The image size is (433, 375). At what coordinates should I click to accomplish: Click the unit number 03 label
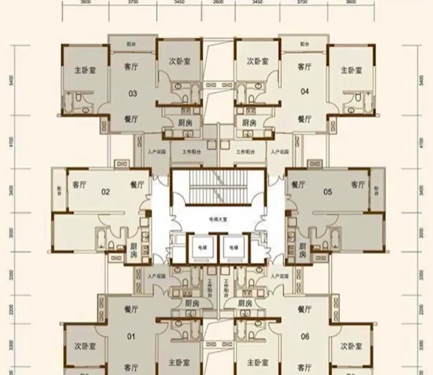click(x=133, y=94)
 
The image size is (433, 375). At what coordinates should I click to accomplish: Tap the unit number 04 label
click(x=303, y=94)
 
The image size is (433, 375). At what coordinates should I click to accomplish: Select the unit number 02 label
click(x=105, y=191)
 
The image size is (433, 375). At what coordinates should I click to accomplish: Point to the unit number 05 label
click(x=327, y=191)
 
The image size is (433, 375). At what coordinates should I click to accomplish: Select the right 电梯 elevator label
click(x=234, y=247)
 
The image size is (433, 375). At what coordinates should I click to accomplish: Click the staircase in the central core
click(x=217, y=191)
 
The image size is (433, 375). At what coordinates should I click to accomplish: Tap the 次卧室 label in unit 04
click(x=257, y=60)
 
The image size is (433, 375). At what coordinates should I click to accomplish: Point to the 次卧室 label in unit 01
click(x=75, y=346)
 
